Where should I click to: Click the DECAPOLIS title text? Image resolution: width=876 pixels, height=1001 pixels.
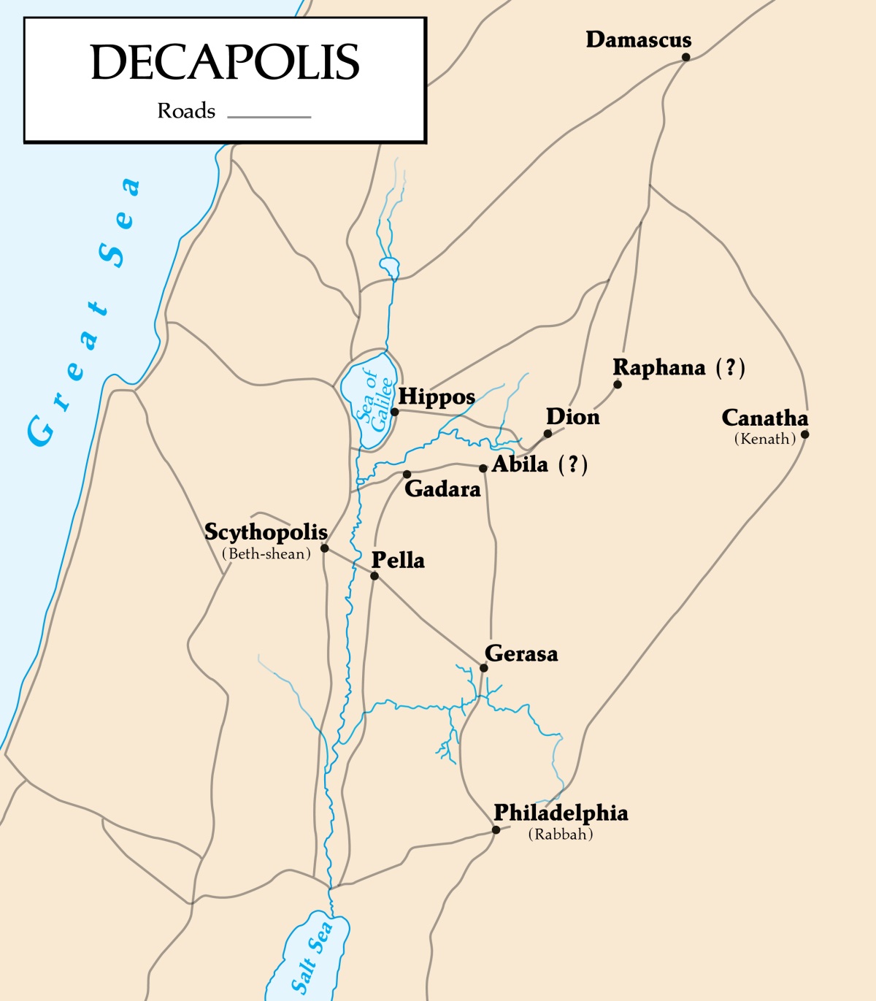(225, 62)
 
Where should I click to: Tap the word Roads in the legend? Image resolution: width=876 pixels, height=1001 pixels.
(186, 111)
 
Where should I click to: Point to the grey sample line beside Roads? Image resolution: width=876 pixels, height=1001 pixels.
(269, 116)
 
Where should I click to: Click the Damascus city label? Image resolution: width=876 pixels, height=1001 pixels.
(638, 39)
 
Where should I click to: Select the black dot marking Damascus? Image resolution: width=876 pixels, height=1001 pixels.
(686, 57)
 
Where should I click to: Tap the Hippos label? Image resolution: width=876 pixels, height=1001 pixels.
(437, 397)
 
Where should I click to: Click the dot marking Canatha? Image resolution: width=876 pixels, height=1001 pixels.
(805, 434)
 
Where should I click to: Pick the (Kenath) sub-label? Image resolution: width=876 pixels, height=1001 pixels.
(765, 439)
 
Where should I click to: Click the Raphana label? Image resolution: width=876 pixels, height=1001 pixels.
(659, 367)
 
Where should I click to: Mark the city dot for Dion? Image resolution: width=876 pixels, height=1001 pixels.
(547, 434)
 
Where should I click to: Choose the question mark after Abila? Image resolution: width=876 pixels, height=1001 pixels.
(573, 464)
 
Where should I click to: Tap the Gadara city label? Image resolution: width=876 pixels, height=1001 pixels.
(442, 488)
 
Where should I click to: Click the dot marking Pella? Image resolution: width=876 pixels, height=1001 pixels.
(374, 576)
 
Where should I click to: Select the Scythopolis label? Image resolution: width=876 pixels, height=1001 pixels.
(266, 532)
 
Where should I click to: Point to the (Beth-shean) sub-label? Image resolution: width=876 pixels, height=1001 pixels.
(266, 553)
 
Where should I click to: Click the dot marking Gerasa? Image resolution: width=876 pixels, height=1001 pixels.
(483, 668)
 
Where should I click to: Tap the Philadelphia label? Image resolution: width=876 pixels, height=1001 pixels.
(561, 813)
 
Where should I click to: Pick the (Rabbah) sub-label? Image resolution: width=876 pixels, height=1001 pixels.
(561, 834)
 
